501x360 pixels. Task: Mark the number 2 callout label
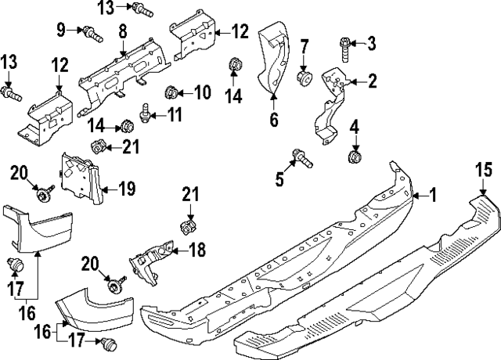[373, 80]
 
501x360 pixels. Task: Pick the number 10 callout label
[203, 93]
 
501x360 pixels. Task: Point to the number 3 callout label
[373, 42]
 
